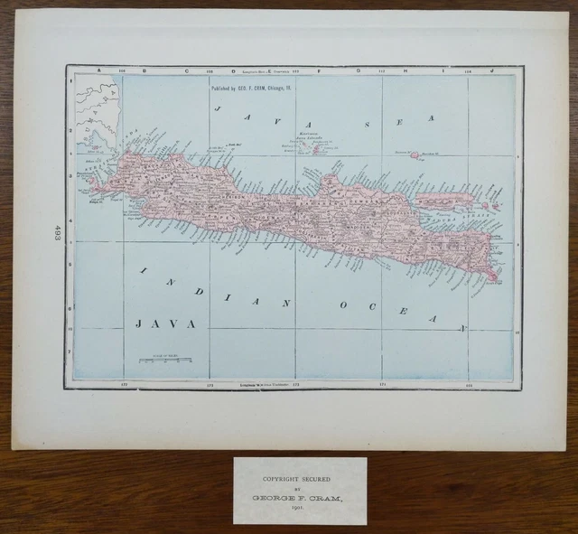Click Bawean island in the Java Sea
418,155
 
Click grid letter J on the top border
492,70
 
